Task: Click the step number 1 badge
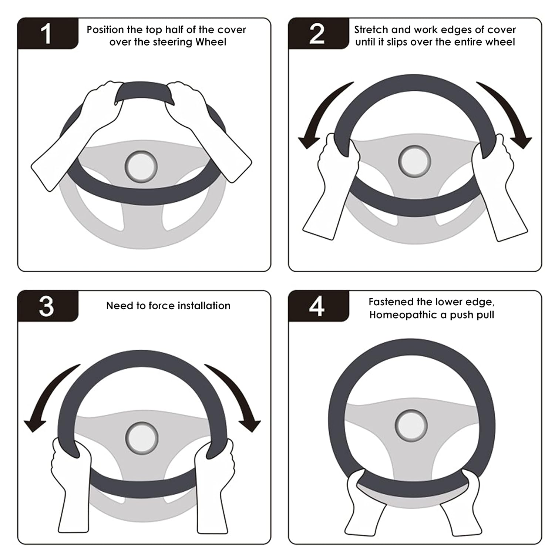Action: coord(47,34)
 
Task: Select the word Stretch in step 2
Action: coord(371,30)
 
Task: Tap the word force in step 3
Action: coord(162,306)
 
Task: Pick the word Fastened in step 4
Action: coord(391,302)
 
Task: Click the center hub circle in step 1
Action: coord(141,166)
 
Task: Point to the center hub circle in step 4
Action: coord(411,426)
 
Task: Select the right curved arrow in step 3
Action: coord(239,396)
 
